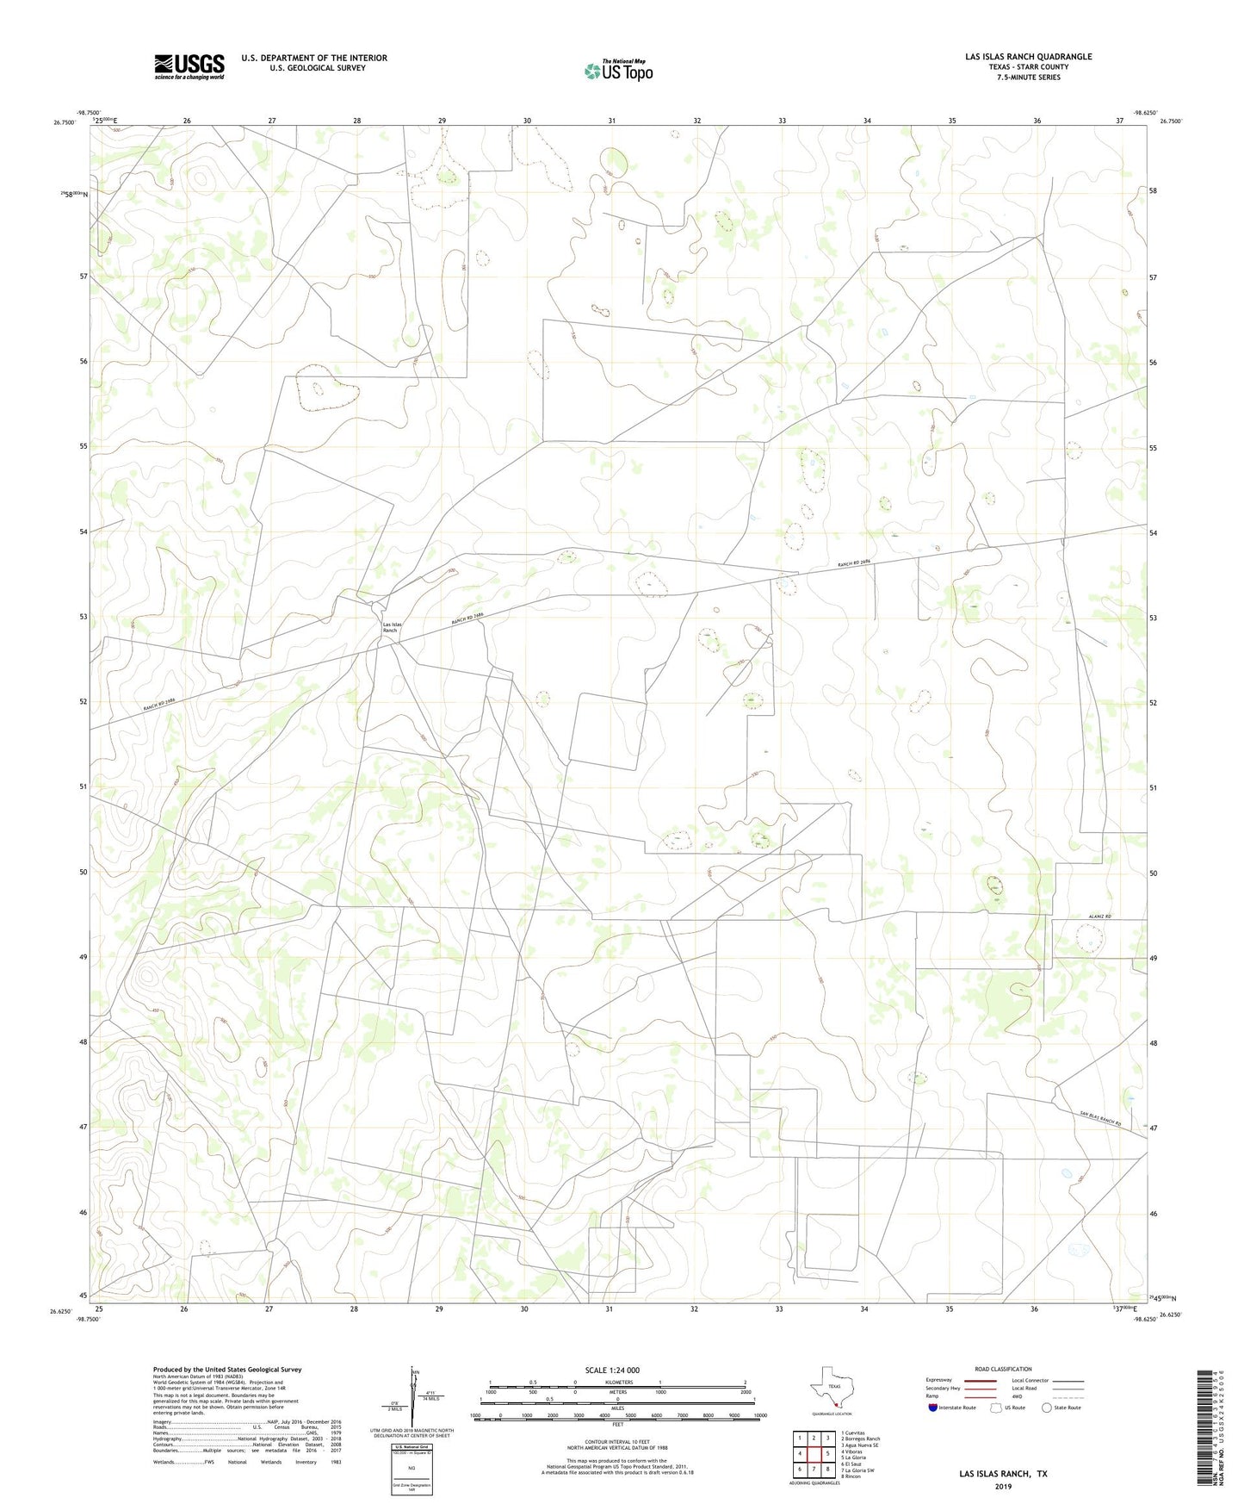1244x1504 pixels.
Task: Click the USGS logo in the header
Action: [x=189, y=66]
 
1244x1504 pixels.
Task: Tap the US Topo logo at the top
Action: [x=617, y=71]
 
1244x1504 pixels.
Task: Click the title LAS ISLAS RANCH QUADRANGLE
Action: [x=1028, y=57]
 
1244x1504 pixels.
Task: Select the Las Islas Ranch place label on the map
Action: [x=392, y=627]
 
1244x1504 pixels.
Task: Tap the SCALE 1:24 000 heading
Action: [x=612, y=1370]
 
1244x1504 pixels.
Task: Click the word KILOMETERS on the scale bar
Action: [x=617, y=1382]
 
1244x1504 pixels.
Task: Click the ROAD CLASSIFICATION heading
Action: [x=1003, y=1369]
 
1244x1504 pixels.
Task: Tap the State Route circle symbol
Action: [x=1047, y=1408]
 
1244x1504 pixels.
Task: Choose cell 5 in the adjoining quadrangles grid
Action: [x=827, y=1454]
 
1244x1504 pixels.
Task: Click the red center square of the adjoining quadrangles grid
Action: [x=814, y=1454]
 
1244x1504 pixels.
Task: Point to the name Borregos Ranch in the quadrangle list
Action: [x=863, y=1439]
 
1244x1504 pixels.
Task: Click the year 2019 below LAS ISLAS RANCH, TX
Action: [x=1002, y=1486]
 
